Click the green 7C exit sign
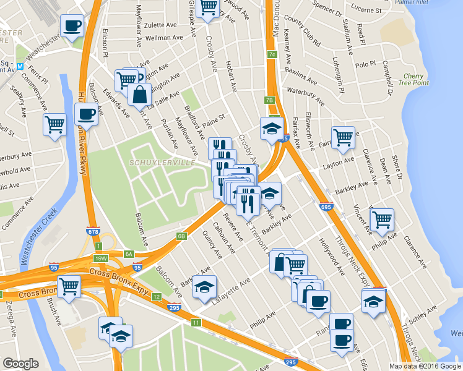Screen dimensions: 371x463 coord(272,54)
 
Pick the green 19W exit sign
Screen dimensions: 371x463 coord(101,258)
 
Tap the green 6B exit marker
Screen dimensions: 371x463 coord(181,236)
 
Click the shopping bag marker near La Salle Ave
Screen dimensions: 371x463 coord(139,95)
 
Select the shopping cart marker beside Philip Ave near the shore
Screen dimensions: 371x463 coord(383,218)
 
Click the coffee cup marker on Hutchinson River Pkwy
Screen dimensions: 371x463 coord(86,114)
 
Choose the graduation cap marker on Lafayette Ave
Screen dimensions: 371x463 coord(205,287)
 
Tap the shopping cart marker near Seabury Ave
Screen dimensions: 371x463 coord(54,124)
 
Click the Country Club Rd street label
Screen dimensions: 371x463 coord(303,35)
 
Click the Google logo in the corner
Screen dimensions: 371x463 coord(21,364)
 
